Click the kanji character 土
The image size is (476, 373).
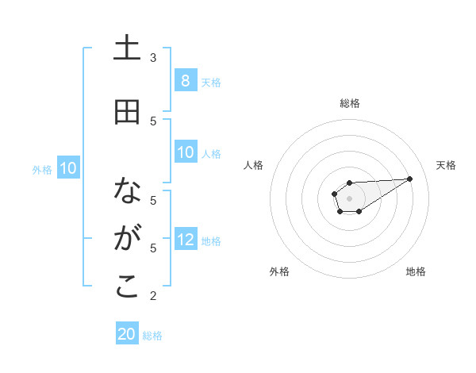click(127, 49)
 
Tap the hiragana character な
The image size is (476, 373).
click(127, 190)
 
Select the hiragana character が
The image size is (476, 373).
click(127, 238)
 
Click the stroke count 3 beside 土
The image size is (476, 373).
click(153, 58)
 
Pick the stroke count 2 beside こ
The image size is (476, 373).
click(153, 296)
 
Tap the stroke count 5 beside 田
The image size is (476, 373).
click(153, 121)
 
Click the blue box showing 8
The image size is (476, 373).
click(185, 81)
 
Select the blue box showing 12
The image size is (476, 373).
click(185, 240)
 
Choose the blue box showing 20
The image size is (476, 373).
click(127, 334)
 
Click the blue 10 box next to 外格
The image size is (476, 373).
click(68, 168)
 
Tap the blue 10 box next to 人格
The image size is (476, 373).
click(185, 152)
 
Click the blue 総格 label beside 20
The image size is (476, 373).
click(152, 336)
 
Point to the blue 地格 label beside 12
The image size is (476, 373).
click(211, 240)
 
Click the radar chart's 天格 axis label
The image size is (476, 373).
click(446, 165)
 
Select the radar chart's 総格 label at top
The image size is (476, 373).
click(350, 103)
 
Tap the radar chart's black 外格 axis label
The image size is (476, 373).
click(279, 271)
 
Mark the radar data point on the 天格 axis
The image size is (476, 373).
click(410, 178)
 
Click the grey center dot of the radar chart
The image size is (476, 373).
click(349, 198)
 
